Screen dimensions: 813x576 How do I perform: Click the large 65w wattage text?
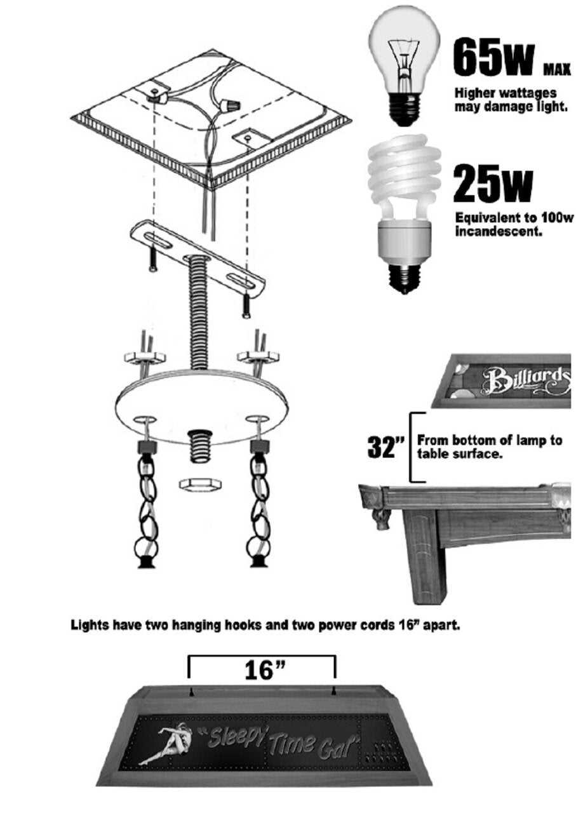tap(494, 58)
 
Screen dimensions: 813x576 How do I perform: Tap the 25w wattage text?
tap(493, 184)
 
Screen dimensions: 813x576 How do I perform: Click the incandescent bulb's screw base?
tap(405, 110)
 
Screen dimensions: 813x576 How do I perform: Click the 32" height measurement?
tap(385, 447)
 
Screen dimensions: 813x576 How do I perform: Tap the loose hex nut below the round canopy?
tap(201, 485)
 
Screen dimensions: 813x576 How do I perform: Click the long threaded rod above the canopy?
tap(198, 311)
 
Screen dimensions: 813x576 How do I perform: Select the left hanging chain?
tap(147, 502)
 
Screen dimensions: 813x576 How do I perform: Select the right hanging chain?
tap(259, 502)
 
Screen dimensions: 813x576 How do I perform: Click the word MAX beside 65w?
tap(557, 69)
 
